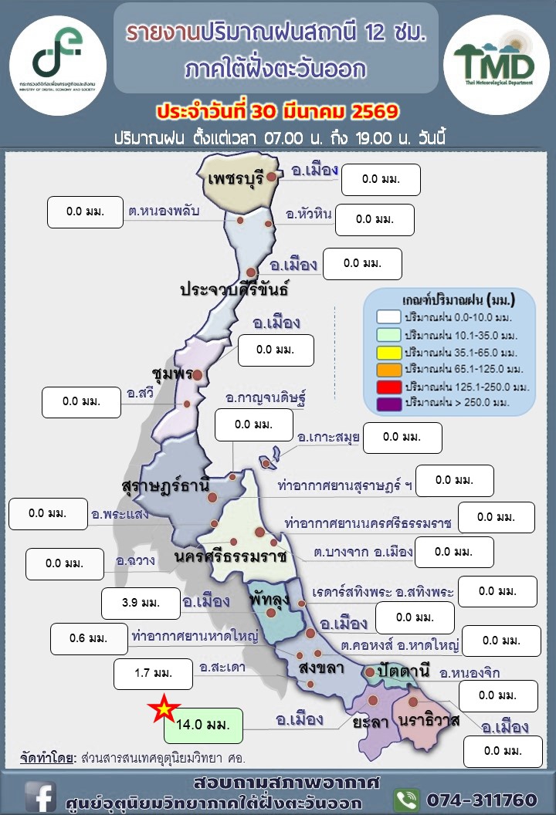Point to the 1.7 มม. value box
click(153, 674)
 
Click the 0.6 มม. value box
click(89, 638)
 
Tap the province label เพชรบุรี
click(236, 179)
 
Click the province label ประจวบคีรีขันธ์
click(234, 290)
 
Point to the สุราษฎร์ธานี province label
click(165, 486)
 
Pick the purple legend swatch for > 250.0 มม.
click(388, 402)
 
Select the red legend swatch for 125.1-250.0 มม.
click(388, 385)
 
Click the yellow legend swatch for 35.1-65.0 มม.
click(388, 351)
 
